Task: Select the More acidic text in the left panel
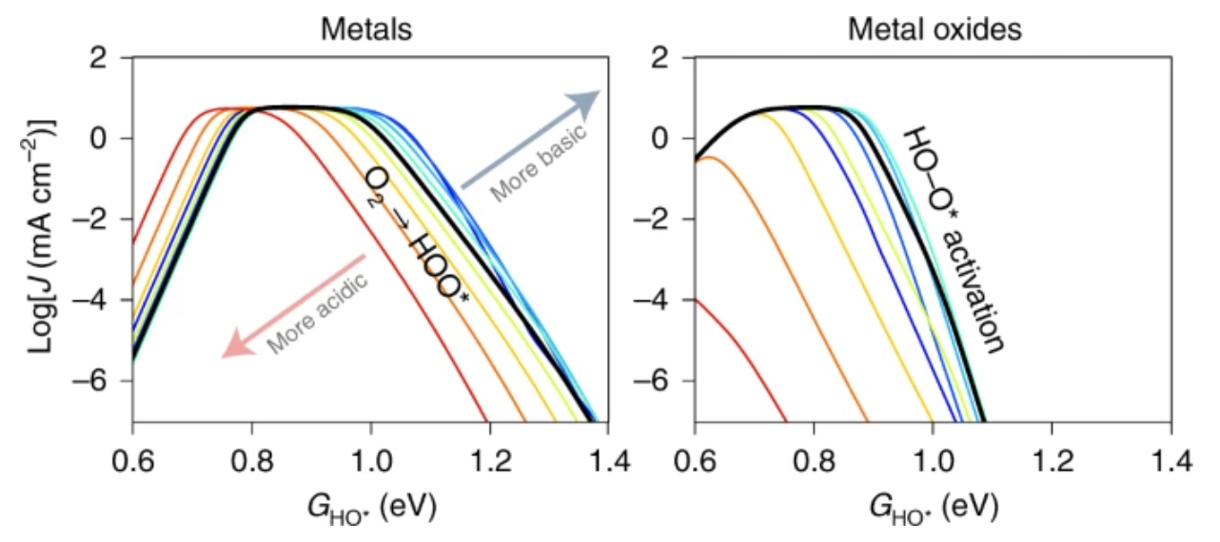pyautogui.click(x=317, y=313)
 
